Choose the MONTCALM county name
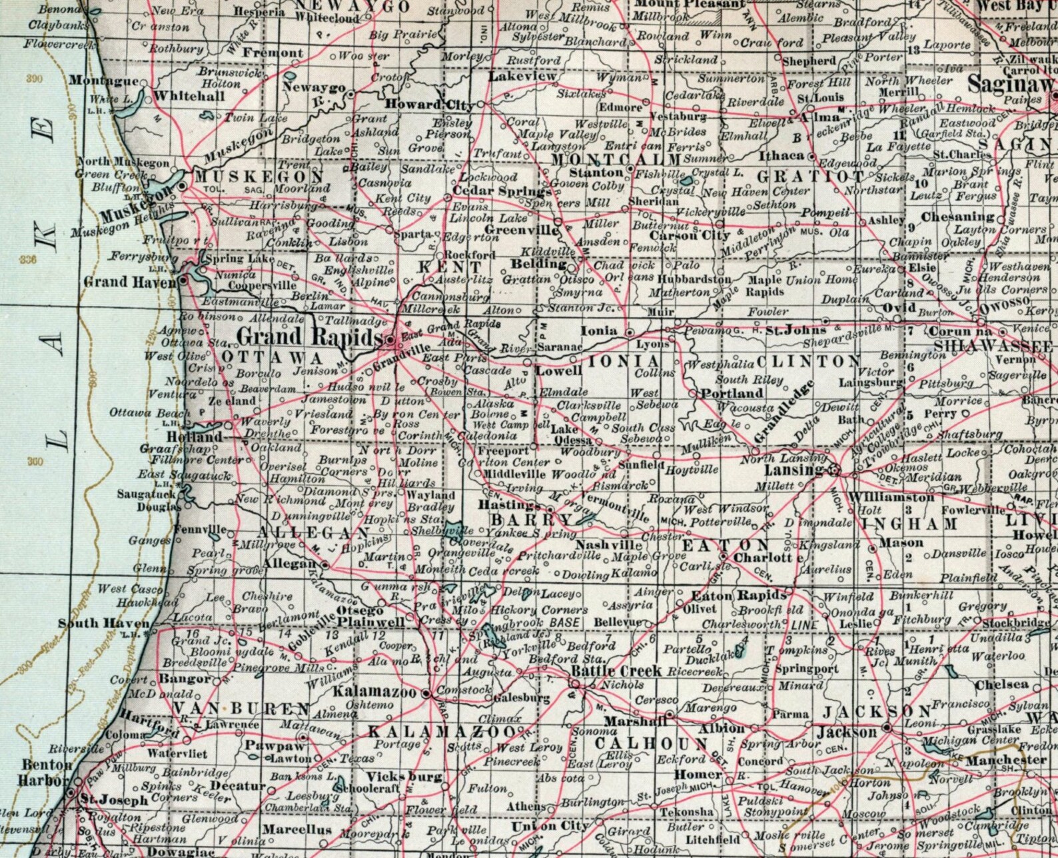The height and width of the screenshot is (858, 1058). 617,160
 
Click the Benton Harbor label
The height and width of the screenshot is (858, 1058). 47,772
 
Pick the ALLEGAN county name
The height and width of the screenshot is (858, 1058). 313,533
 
